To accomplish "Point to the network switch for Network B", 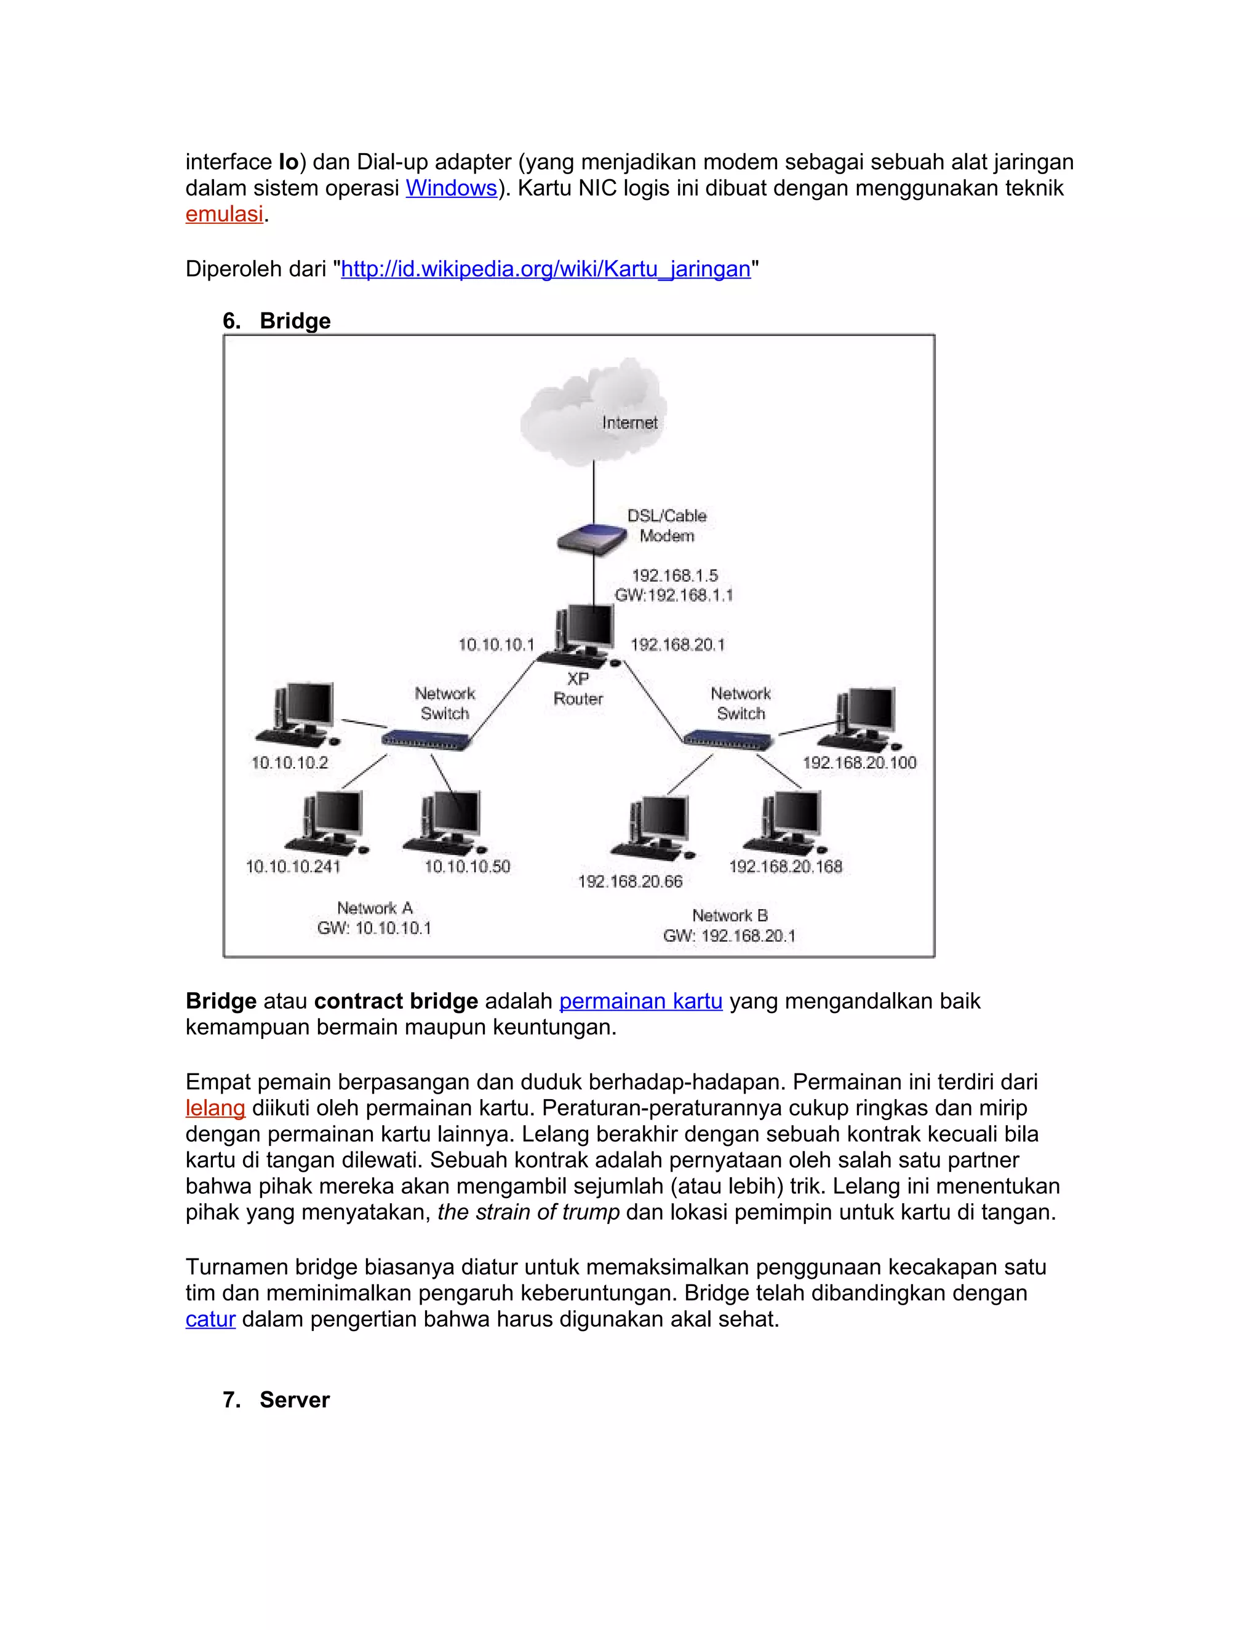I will [x=728, y=739].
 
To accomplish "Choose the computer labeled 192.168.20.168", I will [x=787, y=822].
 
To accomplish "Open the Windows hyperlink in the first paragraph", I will [x=451, y=188].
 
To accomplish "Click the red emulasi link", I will [x=224, y=214].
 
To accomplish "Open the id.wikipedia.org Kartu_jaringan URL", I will [x=545, y=269].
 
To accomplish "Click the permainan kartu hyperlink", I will [x=640, y=1001].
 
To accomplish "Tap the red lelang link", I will [x=215, y=1108].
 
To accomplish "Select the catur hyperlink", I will [x=210, y=1319].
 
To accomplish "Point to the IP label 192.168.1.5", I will [x=674, y=576].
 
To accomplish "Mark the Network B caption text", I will [x=729, y=916].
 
